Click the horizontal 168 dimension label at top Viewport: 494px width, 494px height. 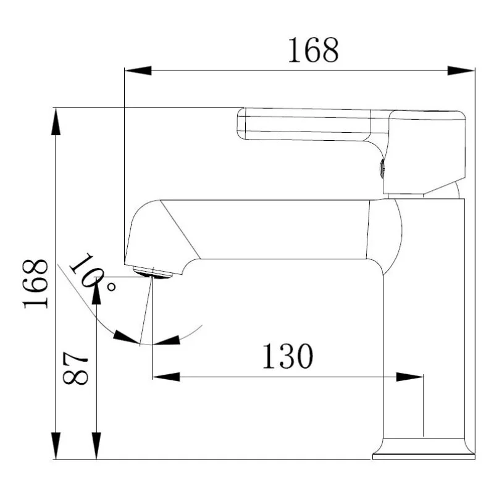point(313,50)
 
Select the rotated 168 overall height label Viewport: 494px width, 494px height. point(36,283)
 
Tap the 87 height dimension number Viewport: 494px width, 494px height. point(76,369)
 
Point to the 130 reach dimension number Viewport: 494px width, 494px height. point(288,356)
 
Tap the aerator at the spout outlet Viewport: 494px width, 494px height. point(152,271)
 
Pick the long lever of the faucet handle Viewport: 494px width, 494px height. point(306,124)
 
